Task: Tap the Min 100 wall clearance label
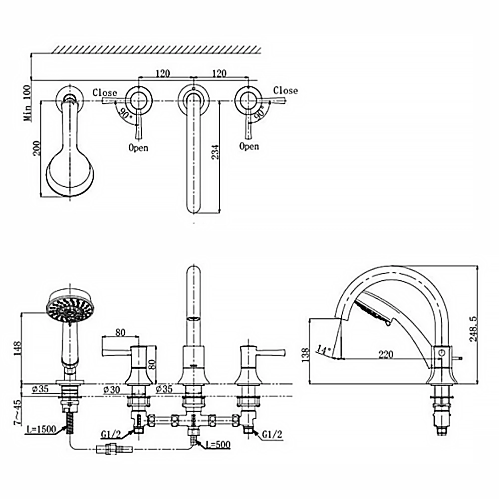pyautogui.click(x=27, y=103)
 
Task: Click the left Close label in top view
pyautogui.click(x=105, y=92)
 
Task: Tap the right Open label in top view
pyautogui.click(x=249, y=146)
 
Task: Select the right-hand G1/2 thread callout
pyautogui.click(x=272, y=434)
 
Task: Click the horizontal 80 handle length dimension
pyautogui.click(x=120, y=331)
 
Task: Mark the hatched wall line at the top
pyautogui.click(x=157, y=49)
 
